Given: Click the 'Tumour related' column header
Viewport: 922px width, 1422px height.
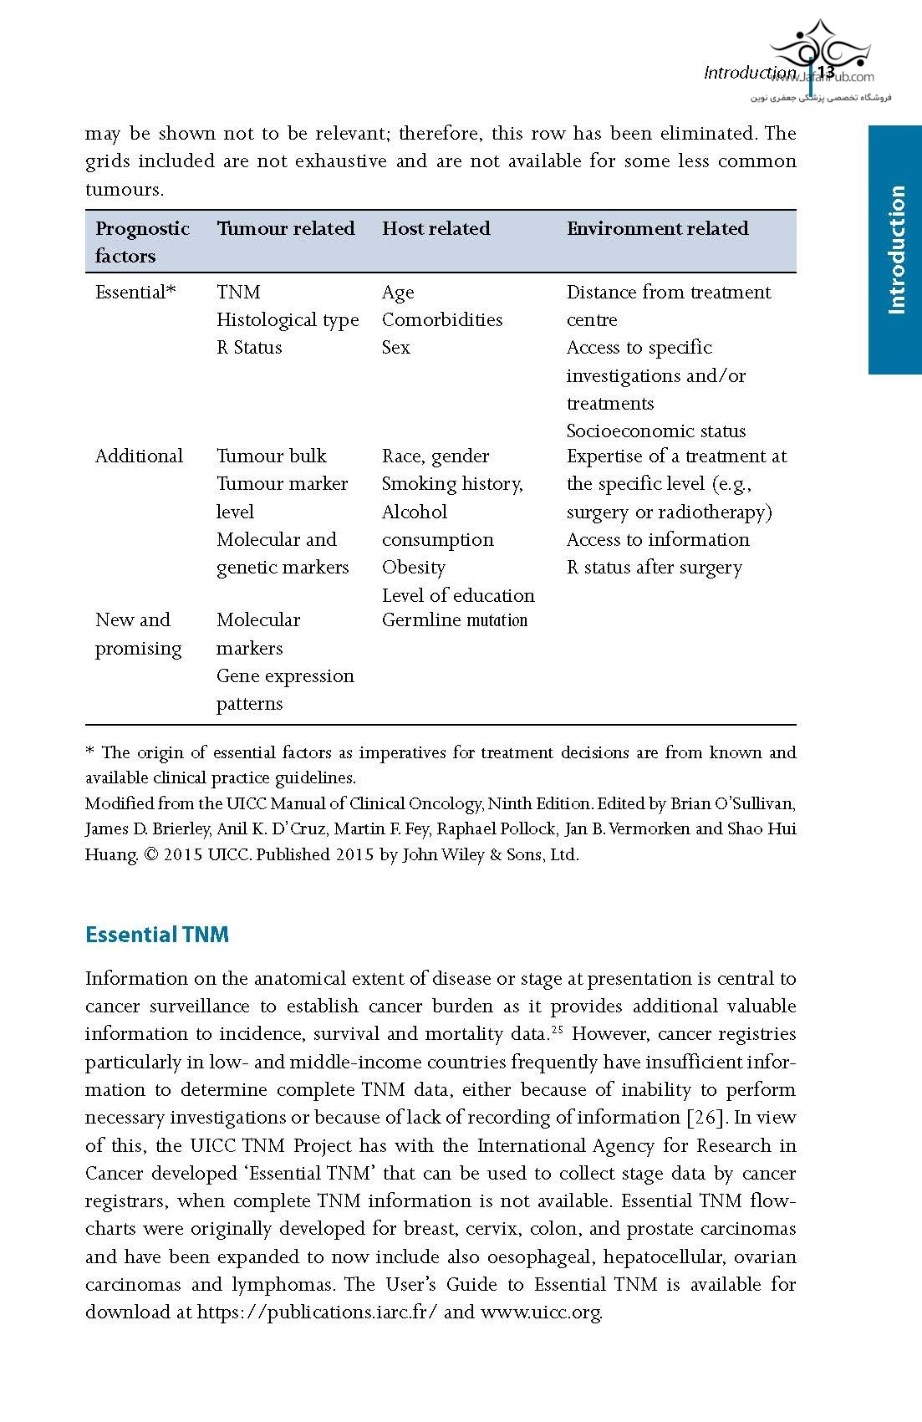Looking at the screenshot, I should (285, 229).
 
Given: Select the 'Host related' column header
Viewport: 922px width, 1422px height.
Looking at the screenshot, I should (436, 229).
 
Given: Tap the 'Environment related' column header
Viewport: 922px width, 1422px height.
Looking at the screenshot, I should (657, 229).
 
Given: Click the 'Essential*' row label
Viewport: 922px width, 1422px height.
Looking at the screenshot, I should (135, 293).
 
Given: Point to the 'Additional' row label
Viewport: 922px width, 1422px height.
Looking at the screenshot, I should (139, 456).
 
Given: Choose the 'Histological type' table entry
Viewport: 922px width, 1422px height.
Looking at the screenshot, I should (288, 320).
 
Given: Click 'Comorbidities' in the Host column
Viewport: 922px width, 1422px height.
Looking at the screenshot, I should (442, 320).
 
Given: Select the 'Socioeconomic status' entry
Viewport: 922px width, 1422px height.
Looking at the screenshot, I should (656, 431).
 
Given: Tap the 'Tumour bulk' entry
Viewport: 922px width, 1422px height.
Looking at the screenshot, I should (271, 456).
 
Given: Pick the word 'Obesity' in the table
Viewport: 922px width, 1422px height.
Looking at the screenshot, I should (414, 568).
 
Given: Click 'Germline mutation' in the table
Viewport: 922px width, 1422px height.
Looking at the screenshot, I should (455, 620).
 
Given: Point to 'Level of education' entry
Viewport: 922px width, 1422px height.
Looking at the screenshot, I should (458, 596).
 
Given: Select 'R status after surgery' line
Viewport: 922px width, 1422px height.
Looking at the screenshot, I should (655, 568).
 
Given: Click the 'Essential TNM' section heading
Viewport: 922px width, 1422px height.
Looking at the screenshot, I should (157, 935).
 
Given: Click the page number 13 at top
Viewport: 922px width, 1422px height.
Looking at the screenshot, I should (826, 73).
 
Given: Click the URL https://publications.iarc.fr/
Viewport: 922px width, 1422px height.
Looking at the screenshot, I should (317, 1312).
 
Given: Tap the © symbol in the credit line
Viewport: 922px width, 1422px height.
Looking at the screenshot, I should (150, 855).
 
